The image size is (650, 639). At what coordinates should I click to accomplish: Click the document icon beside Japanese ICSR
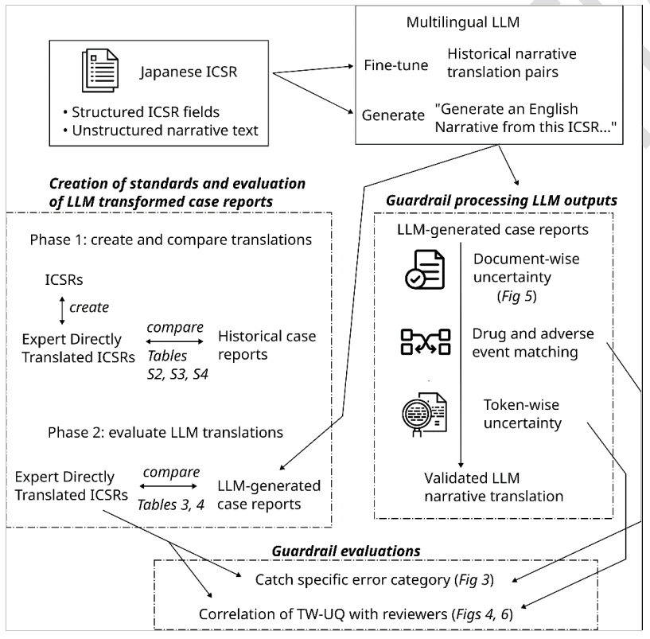[100, 71]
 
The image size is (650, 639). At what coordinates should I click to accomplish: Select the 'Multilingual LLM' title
[462, 22]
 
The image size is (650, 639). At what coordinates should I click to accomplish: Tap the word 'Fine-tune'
[396, 65]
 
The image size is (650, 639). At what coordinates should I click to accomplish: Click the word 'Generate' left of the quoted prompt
[393, 115]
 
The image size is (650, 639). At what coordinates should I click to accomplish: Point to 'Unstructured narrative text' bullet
[161, 131]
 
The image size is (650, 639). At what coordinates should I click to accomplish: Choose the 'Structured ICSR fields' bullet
[142, 112]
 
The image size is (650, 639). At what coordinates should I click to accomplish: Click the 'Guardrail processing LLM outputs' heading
[501, 201]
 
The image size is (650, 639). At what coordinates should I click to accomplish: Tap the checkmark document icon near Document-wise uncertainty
[425, 269]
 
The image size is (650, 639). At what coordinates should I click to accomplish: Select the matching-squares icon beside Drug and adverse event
[426, 342]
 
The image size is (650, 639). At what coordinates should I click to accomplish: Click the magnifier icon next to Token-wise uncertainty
[425, 415]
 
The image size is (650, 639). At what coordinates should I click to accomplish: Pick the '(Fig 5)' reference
[516, 296]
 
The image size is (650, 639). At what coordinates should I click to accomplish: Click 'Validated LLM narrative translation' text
[494, 487]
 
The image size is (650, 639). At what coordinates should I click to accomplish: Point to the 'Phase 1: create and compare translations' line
[171, 240]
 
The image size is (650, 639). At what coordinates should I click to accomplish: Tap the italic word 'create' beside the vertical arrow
[89, 307]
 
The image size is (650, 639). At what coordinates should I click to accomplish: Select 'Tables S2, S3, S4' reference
[178, 365]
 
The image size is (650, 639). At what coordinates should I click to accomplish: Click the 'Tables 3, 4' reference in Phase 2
[171, 505]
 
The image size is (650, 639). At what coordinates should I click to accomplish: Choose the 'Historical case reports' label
[267, 345]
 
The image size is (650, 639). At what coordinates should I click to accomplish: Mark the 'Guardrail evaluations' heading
[346, 551]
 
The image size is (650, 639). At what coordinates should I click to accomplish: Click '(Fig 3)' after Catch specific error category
[474, 579]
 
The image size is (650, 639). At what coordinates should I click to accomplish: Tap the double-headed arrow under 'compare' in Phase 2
[169, 486]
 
